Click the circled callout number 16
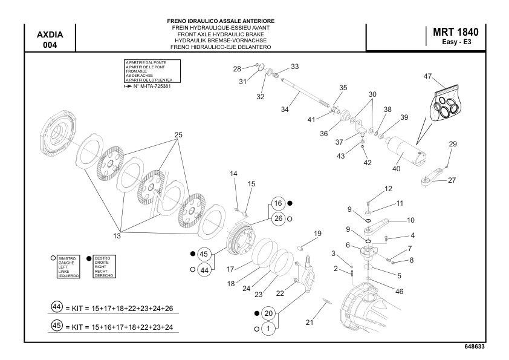pos(277,203)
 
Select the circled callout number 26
pos(277,218)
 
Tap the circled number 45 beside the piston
pos(204,254)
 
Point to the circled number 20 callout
pos(269,313)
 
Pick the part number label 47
pos(427,76)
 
